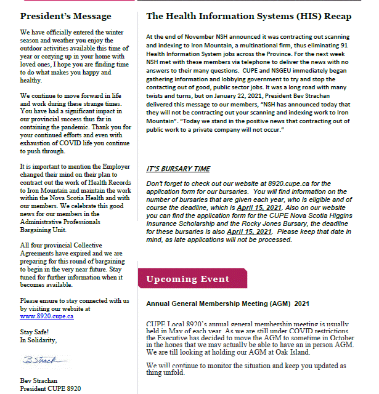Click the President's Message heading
[x=66, y=16]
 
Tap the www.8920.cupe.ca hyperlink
[x=47, y=316]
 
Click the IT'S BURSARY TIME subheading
[x=178, y=169]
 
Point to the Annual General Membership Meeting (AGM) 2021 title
[x=227, y=304]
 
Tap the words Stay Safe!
[x=35, y=331]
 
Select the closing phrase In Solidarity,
[x=39, y=339]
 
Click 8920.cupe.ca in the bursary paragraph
[x=285, y=183]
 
